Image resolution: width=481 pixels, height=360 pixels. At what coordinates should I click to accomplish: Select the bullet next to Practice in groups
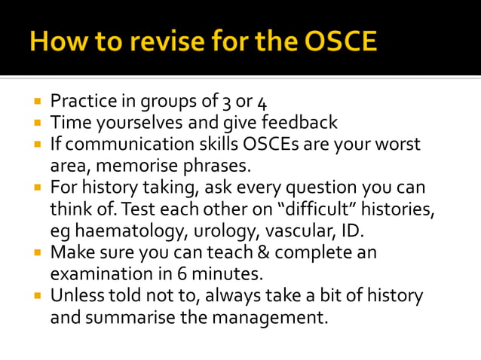[36, 101]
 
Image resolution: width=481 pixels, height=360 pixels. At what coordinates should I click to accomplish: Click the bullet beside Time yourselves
[36, 122]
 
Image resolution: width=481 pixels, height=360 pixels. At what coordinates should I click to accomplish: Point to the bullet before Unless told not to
[36, 295]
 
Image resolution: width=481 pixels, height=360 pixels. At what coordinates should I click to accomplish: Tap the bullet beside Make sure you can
[36, 252]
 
